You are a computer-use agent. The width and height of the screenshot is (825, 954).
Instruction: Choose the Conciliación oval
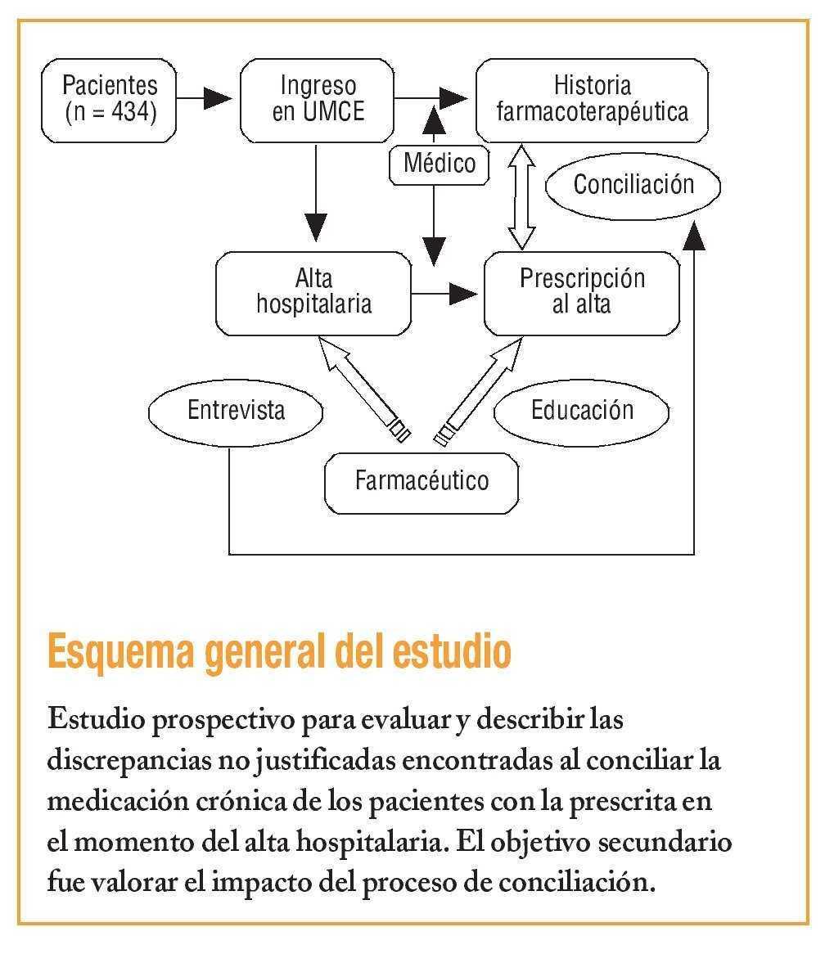(633, 184)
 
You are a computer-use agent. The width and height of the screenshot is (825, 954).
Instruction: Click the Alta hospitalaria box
(313, 292)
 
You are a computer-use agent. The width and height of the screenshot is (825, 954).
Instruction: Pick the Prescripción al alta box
(582, 292)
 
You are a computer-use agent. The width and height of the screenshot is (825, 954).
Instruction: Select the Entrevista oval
(236, 409)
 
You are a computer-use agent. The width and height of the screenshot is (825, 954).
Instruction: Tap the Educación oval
(582, 409)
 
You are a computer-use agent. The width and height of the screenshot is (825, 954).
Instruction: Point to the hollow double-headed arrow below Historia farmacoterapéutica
(521, 196)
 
